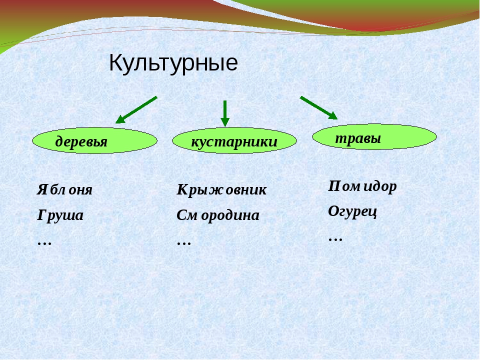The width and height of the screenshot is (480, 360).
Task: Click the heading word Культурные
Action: pos(173,63)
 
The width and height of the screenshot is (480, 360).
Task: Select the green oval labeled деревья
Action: pos(94,140)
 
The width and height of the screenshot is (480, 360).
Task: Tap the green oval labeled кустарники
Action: pos(234,140)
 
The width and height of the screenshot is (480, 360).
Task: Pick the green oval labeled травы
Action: pos(374,137)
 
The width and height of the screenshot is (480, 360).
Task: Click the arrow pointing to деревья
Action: pos(136,110)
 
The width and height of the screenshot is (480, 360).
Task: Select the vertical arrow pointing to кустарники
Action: pos(225,113)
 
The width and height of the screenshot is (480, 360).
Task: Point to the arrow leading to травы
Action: pos(318,108)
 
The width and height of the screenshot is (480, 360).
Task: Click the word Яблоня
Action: pos(64,190)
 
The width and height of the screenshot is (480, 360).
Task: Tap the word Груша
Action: pos(60,215)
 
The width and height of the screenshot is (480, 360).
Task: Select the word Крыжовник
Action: pos(221,190)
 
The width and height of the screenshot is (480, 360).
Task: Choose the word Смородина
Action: pos(218,215)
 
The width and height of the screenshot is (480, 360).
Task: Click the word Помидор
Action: pos(362,186)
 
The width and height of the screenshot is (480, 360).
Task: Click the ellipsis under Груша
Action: pos(44,243)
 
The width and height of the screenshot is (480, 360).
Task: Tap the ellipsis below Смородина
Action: pos(184,243)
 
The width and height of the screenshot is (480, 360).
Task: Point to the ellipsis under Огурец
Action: pos(335,239)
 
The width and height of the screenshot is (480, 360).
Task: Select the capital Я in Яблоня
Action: pos(42,190)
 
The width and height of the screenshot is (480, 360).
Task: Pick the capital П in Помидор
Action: pos(334,186)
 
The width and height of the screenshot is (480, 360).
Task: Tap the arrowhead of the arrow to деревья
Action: pos(120,119)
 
